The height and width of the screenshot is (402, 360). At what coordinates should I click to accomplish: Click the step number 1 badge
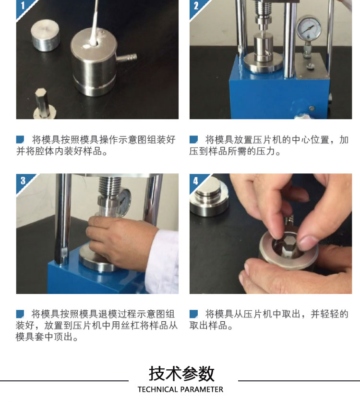point(23,6)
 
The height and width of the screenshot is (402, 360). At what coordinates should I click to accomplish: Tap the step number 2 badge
point(196,6)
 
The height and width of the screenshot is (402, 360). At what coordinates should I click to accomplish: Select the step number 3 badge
point(23,181)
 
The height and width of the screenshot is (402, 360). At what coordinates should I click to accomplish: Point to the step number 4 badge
point(196,181)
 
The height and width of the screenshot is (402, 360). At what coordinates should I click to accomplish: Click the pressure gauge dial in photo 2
point(309,28)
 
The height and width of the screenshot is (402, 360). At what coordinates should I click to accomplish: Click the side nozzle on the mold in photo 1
point(126,58)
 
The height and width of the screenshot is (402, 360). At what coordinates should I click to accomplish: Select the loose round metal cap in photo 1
point(46,36)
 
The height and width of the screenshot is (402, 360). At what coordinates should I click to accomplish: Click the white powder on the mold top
point(86,47)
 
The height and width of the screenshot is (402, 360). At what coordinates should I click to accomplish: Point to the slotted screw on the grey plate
point(310,66)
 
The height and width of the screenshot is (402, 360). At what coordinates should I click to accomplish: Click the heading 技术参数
point(181,374)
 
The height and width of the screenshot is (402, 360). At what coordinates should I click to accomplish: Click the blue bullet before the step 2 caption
point(194,139)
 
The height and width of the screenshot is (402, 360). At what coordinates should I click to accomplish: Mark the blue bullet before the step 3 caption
point(20,314)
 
